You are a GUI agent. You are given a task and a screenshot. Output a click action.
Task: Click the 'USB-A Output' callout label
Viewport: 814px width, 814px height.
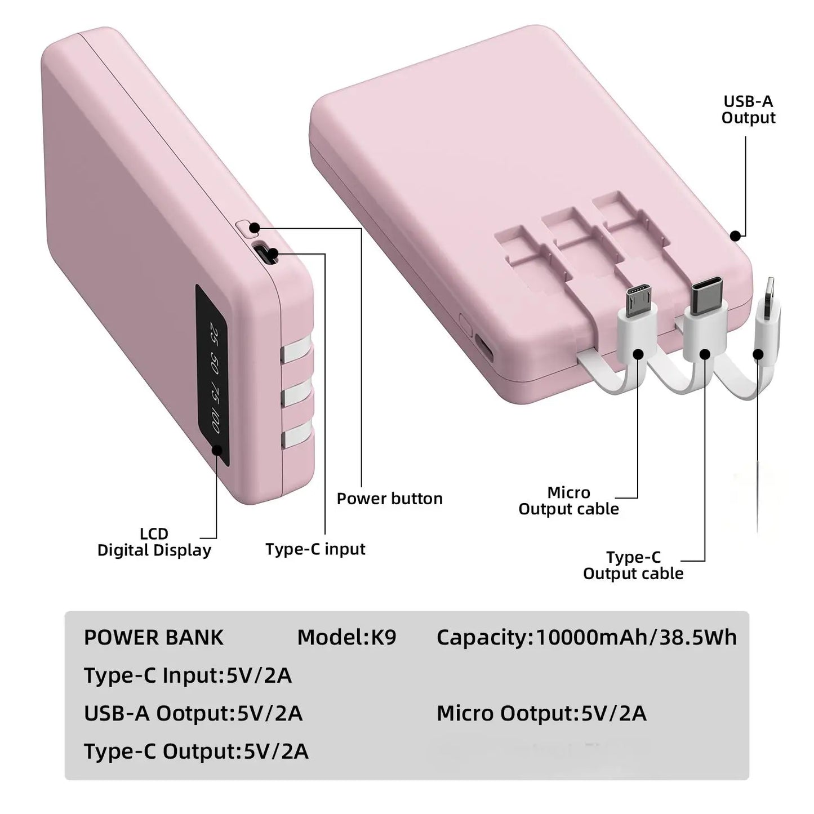tap(748, 110)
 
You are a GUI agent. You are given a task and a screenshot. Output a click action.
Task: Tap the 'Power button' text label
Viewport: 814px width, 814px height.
tap(389, 499)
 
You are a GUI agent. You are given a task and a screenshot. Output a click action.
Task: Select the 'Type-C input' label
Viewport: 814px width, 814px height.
tap(315, 549)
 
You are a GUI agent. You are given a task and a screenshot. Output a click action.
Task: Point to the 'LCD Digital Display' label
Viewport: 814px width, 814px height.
tap(154, 542)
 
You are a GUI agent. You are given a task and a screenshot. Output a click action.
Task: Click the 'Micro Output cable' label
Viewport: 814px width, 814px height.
tap(568, 501)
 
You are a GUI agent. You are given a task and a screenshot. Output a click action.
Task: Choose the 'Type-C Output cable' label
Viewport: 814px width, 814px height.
tap(633, 565)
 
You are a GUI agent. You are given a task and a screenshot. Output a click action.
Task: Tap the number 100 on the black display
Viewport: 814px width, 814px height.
tap(215, 422)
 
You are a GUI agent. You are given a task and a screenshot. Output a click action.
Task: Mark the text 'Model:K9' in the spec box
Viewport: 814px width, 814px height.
tap(346, 637)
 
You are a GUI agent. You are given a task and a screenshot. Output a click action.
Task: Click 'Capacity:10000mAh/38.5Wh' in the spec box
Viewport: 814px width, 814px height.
tap(586, 637)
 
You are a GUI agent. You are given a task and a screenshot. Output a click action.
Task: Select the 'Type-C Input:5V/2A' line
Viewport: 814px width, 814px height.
tap(188, 675)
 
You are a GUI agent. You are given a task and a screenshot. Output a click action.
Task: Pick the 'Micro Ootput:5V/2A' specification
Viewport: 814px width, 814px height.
tap(541, 713)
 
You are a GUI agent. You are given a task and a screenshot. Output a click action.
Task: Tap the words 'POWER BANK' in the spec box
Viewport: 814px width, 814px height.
tap(153, 638)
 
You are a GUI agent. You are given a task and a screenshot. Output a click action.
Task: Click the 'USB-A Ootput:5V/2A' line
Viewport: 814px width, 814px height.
tap(193, 713)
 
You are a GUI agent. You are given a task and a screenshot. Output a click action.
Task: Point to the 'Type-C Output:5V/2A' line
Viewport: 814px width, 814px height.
tap(196, 751)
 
